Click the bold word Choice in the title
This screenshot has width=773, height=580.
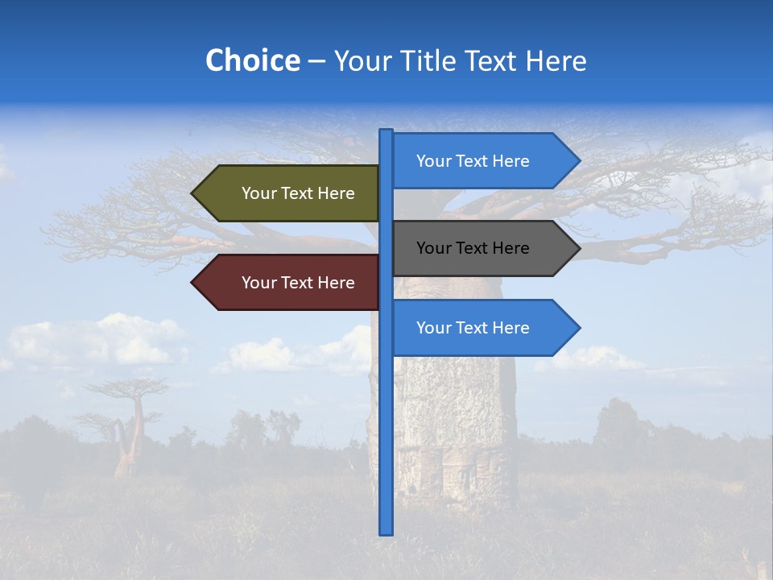point(252,60)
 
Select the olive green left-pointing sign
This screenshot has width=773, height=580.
point(290,193)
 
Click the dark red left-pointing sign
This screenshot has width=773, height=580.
point(290,283)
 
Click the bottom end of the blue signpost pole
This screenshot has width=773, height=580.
point(386,531)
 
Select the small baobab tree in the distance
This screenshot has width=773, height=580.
point(129,427)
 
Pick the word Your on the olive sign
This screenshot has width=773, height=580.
point(258,193)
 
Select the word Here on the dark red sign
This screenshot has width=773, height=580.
point(336,283)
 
